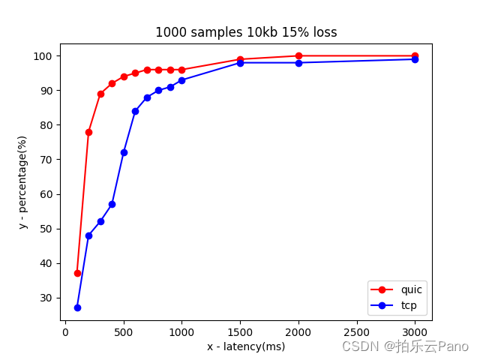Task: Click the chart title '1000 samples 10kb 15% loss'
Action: coord(246,32)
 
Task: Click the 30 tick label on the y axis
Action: coord(48,298)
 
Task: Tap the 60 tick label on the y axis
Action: coord(48,194)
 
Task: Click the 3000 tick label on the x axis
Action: coord(415,331)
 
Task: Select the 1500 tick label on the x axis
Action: coord(240,331)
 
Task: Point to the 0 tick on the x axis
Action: coord(65,331)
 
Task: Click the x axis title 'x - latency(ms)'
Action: coord(246,346)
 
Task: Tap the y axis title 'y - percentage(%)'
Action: coord(22,182)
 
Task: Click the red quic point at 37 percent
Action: coord(77,273)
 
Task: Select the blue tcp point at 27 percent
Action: coord(77,307)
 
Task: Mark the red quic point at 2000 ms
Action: coord(298,55)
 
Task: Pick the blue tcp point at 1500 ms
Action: coord(240,62)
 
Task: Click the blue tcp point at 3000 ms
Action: coord(415,59)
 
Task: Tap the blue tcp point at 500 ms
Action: coord(124,152)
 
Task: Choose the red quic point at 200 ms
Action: coord(88,132)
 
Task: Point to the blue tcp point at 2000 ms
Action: coord(298,62)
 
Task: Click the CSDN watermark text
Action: coord(405,346)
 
